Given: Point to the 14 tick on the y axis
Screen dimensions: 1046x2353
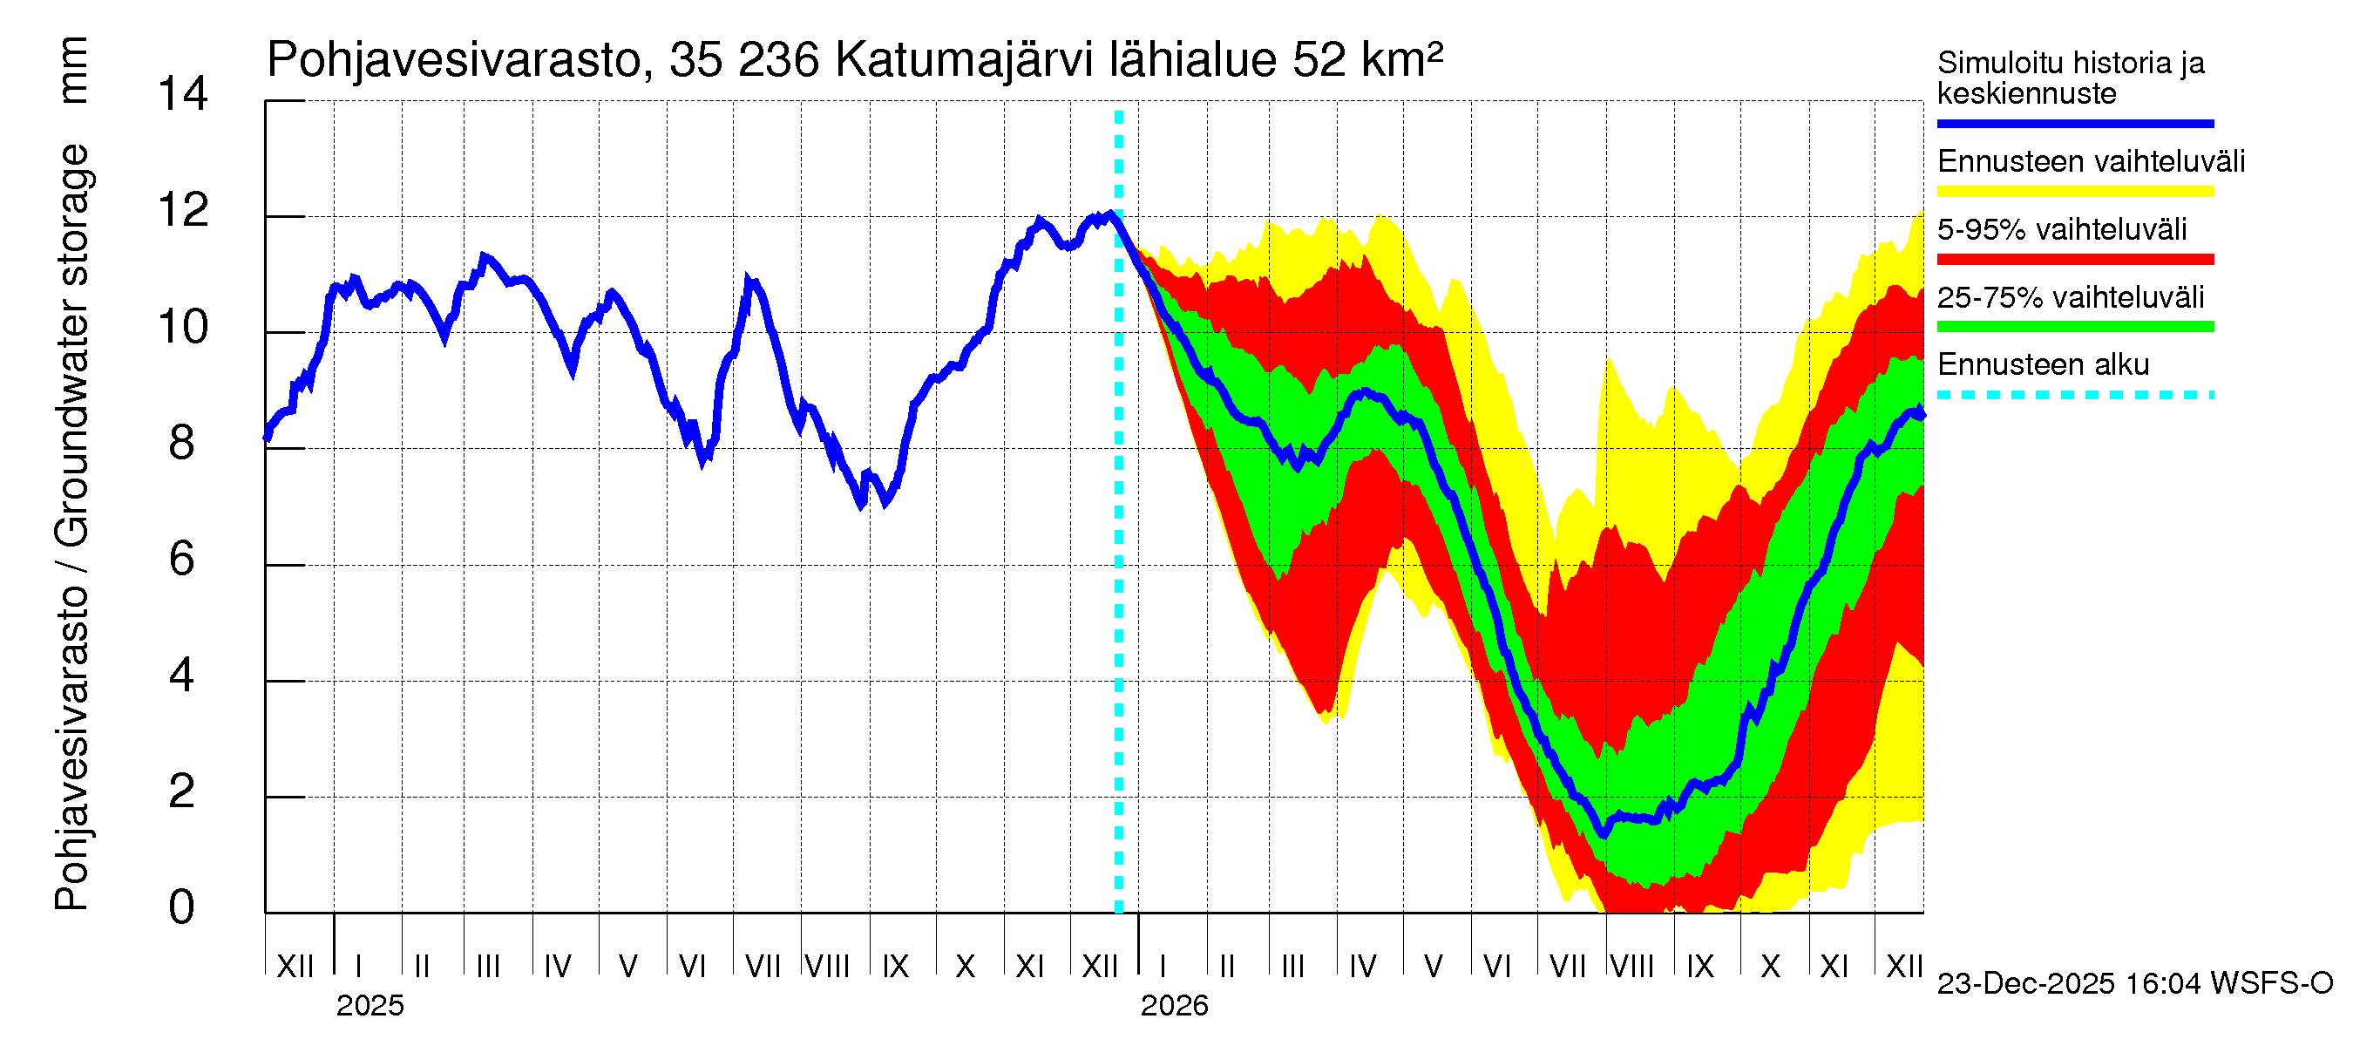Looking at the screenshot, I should pyautogui.click(x=183, y=94).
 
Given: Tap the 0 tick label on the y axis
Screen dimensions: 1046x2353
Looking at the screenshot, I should pyautogui.click(x=182, y=907).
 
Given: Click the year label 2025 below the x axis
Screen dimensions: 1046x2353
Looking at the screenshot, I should pyautogui.click(x=369, y=1005).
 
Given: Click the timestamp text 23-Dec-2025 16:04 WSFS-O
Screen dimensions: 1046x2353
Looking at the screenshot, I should pyautogui.click(x=2134, y=983).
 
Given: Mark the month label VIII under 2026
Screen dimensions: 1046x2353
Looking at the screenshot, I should pyautogui.click(x=1631, y=966).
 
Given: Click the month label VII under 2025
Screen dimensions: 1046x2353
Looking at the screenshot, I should pyautogui.click(x=762, y=966).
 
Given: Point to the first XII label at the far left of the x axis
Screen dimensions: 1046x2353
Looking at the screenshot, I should pyautogui.click(x=295, y=966).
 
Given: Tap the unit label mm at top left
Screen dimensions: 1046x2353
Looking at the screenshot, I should pyautogui.click(x=73, y=71).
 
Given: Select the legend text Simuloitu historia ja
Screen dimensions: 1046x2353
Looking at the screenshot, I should pyautogui.click(x=2070, y=63).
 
